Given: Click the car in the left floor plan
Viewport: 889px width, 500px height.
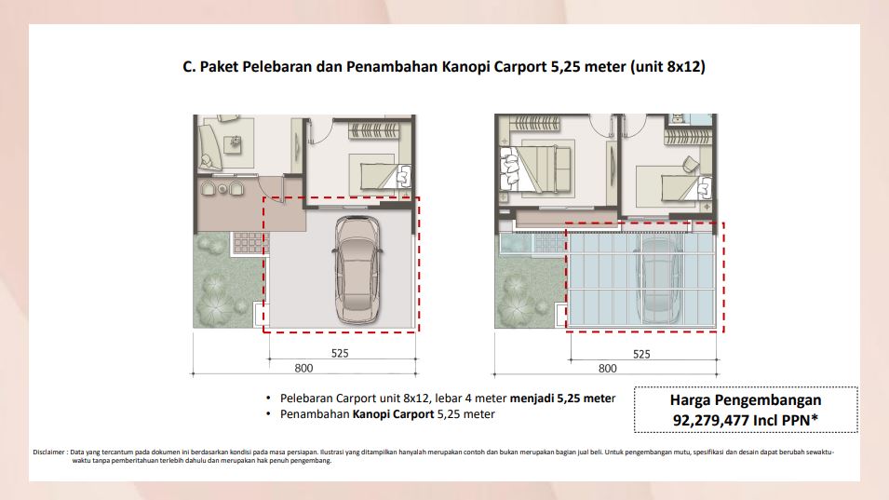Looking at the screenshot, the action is [357, 270].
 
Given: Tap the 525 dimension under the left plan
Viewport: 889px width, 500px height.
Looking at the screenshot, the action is [340, 353].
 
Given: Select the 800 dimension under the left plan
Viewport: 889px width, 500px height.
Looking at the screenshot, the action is [303, 368].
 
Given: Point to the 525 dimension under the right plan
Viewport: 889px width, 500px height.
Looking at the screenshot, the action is [641, 355].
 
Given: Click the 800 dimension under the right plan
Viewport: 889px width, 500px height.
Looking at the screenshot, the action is [607, 369].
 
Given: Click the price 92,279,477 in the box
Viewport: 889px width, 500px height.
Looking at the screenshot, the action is [711, 420].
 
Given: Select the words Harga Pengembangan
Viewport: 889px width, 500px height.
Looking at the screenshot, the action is [746, 400].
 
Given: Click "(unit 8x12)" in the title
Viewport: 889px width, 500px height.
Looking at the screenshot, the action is [667, 67].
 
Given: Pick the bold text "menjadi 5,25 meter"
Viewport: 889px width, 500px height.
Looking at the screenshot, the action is [562, 398].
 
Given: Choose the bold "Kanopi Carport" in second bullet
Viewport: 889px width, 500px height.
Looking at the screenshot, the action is [393, 414].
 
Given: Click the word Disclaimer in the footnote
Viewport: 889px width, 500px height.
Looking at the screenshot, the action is [48, 453].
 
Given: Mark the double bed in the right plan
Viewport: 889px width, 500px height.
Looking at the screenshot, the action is [536, 169].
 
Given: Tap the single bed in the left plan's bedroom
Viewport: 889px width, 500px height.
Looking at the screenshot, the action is [385, 176].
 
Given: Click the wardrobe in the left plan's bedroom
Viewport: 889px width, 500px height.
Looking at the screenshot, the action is [373, 130].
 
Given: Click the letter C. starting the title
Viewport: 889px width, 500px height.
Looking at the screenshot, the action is [189, 67].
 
